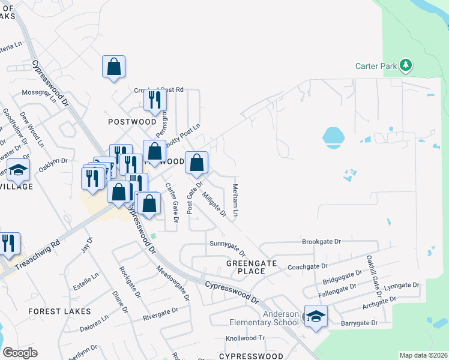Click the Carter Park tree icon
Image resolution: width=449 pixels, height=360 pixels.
click(406, 65)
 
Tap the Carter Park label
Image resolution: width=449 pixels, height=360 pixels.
click(376, 66)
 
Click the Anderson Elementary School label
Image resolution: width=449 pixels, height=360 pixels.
click(264, 318)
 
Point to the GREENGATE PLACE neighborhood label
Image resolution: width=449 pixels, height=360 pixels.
click(246, 267)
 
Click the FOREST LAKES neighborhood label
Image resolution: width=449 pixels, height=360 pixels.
click(60, 311)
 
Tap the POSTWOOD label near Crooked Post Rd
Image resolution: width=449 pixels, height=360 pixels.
click(132, 122)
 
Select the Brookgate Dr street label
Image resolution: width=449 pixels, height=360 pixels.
click(321, 241)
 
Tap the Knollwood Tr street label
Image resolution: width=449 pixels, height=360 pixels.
click(245, 338)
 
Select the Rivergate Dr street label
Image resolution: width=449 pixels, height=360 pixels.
click(160, 314)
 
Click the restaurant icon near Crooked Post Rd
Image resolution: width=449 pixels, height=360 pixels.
click(155, 99)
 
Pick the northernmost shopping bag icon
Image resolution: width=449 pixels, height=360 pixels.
click(113, 67)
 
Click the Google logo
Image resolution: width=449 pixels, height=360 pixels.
click(20, 353)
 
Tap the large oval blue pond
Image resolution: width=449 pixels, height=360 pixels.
click(333, 137)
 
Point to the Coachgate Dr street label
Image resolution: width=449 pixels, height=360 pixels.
click(308, 266)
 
